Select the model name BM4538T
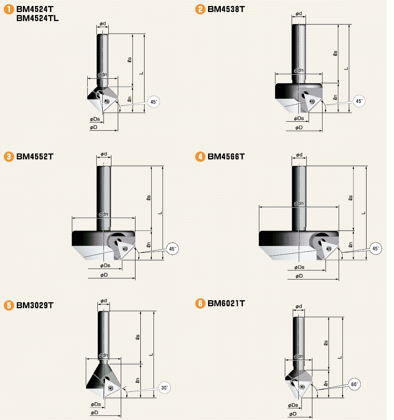(226, 9)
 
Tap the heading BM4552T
(35, 156)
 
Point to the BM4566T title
(226, 156)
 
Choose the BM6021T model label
(226, 303)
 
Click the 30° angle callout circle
(165, 387)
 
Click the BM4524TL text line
(38, 18)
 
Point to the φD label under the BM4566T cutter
(299, 276)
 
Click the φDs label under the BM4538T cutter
(299, 118)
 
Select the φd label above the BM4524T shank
(103, 24)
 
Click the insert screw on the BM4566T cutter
(329, 248)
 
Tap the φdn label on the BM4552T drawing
(103, 214)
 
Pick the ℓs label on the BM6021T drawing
(326, 343)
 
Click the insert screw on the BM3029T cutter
(110, 388)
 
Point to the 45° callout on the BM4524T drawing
(154, 102)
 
